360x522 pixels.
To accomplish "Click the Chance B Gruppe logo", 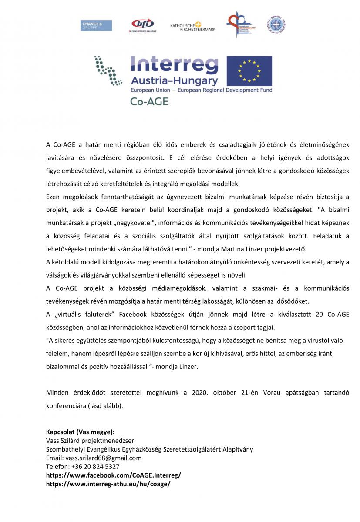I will [96, 26].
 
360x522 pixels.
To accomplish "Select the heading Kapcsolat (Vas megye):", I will [81, 432].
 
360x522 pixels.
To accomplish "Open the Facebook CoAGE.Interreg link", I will [113, 475].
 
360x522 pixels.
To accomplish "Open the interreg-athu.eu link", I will [108, 484].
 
